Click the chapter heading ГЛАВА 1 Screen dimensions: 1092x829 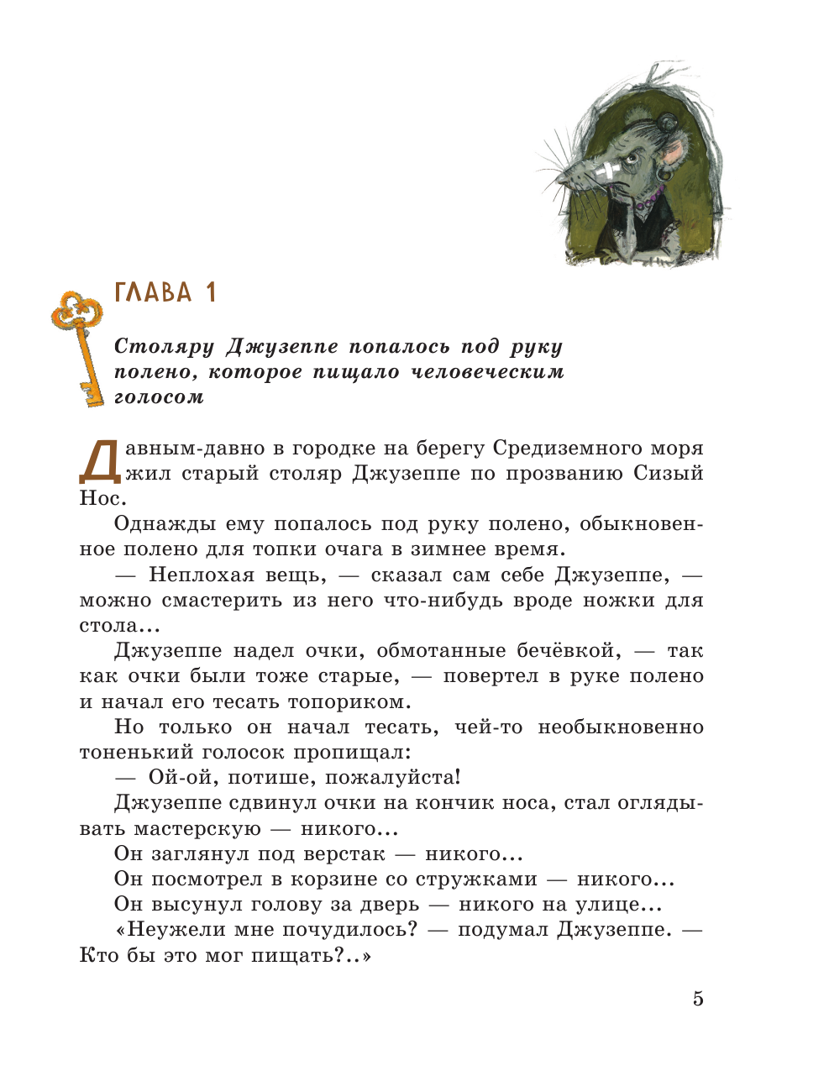point(165,292)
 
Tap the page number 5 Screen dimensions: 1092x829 point(698,999)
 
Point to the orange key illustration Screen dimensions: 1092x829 point(81,344)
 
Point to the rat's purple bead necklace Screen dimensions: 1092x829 point(649,202)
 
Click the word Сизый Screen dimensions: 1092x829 point(669,474)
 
